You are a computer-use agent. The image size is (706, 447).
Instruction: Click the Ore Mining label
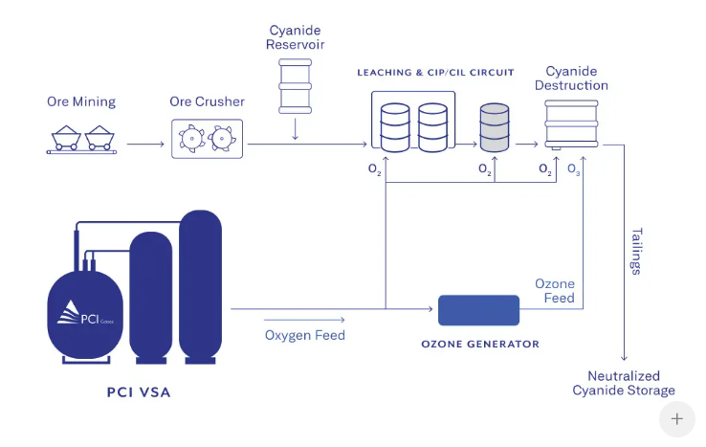(x=81, y=101)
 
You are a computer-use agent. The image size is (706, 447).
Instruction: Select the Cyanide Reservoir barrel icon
(x=295, y=87)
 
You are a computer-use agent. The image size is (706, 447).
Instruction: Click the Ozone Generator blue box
(x=478, y=309)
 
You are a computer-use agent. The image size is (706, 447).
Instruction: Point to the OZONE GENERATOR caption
(x=480, y=344)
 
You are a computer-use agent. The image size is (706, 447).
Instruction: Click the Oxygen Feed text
(x=305, y=335)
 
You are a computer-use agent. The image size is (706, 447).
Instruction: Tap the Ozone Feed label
(x=555, y=291)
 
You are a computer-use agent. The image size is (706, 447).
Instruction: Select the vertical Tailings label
(x=636, y=251)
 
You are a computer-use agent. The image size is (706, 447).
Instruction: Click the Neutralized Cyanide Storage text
(x=624, y=383)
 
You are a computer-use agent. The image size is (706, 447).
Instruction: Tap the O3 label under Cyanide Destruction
(x=574, y=170)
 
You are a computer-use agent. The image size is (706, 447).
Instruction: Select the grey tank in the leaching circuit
(x=495, y=129)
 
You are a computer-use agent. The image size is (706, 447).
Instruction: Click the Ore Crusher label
(x=207, y=101)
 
